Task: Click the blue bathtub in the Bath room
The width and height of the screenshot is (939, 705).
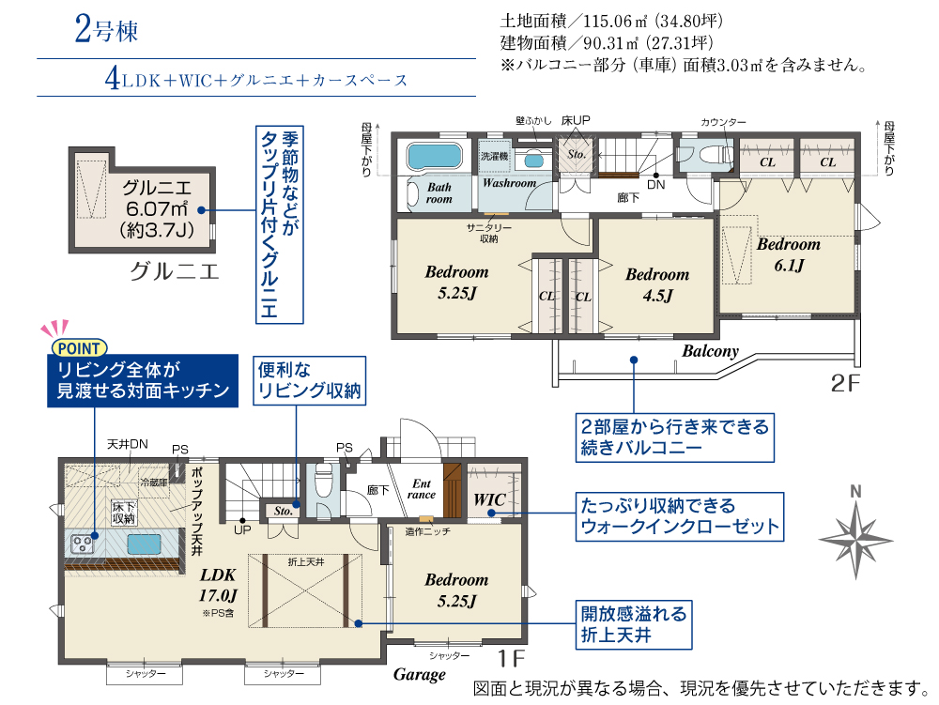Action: coord(435,156)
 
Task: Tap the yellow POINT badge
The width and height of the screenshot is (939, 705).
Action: coord(79,347)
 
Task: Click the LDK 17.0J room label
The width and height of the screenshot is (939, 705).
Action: coord(218,585)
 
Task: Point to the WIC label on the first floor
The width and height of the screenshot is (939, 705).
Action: coord(489,499)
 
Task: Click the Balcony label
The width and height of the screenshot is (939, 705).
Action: coord(710,351)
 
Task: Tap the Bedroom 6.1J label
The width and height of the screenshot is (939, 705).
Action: coord(789,254)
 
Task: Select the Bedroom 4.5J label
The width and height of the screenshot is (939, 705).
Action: coord(657,284)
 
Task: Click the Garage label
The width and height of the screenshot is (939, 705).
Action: coord(419,674)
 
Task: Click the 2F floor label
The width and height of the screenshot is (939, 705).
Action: coord(845,383)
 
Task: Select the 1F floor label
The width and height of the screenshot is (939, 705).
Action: coord(512,658)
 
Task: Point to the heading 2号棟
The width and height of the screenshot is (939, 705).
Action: coord(107,29)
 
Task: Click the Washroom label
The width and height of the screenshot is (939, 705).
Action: coord(510,183)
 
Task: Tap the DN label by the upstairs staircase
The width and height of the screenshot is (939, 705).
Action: coord(655,184)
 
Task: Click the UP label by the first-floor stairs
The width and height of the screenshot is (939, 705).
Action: coord(242,529)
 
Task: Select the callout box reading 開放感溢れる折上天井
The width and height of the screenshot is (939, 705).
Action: coord(634,625)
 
